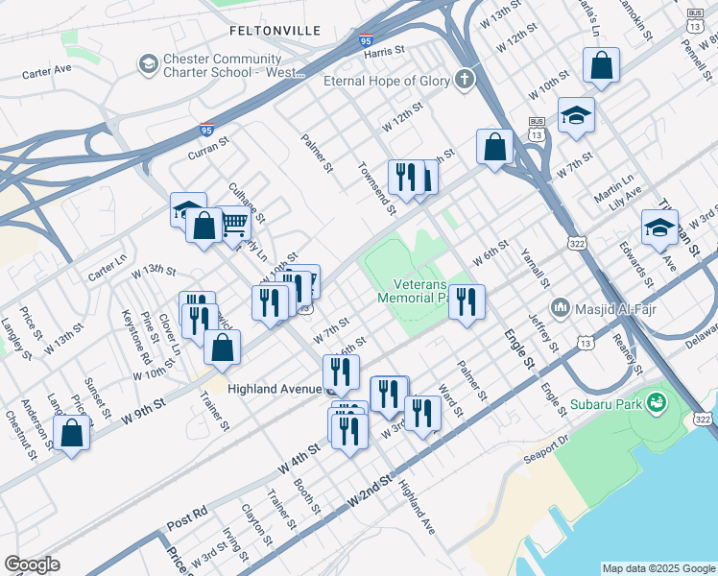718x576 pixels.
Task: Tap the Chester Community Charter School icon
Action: [x=148, y=64]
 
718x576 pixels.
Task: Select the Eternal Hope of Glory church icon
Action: [x=466, y=80]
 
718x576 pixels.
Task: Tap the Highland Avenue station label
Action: [x=275, y=390]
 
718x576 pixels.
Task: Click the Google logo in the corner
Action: [x=32, y=564]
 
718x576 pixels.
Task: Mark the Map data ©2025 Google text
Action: [x=658, y=568]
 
